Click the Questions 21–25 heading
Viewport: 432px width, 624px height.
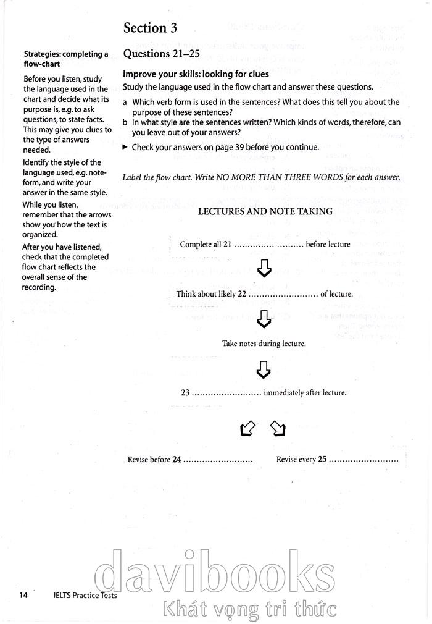point(162,54)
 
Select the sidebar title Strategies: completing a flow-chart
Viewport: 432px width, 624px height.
point(65,59)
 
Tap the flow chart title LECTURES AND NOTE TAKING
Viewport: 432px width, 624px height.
point(265,211)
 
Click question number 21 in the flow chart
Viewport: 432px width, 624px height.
point(227,245)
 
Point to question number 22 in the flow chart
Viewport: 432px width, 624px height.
point(242,294)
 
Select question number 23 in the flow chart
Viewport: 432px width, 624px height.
point(185,393)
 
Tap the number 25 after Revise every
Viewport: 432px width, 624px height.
point(322,460)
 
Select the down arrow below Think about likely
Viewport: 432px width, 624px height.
point(264,319)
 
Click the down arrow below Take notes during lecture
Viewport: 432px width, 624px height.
point(264,369)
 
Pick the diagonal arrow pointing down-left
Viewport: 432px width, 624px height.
point(247,428)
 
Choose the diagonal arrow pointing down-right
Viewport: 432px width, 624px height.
point(278,428)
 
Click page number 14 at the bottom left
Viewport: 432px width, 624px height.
point(24,596)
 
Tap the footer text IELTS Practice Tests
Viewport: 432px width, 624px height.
point(85,596)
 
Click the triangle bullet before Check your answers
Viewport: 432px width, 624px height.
point(125,147)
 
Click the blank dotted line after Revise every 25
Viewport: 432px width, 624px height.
point(364,461)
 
